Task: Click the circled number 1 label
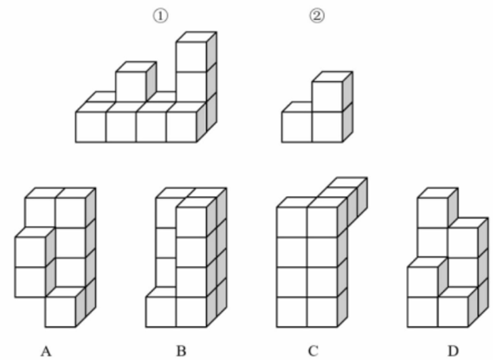tap(160, 16)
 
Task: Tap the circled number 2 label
tap(317, 16)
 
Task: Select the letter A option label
tap(46, 351)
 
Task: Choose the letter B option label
tap(181, 351)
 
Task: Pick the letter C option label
tap(313, 351)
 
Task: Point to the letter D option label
tap(453, 351)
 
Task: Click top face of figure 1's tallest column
tap(196, 37)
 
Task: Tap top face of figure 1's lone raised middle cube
tap(136, 67)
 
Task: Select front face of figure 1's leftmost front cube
tap(91, 127)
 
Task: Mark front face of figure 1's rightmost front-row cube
tap(181, 127)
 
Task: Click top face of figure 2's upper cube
tap(333, 76)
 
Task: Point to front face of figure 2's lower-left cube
tap(297, 127)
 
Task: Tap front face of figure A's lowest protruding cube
tap(61, 312)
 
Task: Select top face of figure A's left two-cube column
tap(35, 233)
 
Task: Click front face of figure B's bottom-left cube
tap(161, 312)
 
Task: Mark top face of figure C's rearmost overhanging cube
tap(347, 183)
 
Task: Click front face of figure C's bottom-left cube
tap(292, 312)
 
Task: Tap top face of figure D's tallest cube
tap(437, 193)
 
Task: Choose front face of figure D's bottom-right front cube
tap(453, 312)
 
